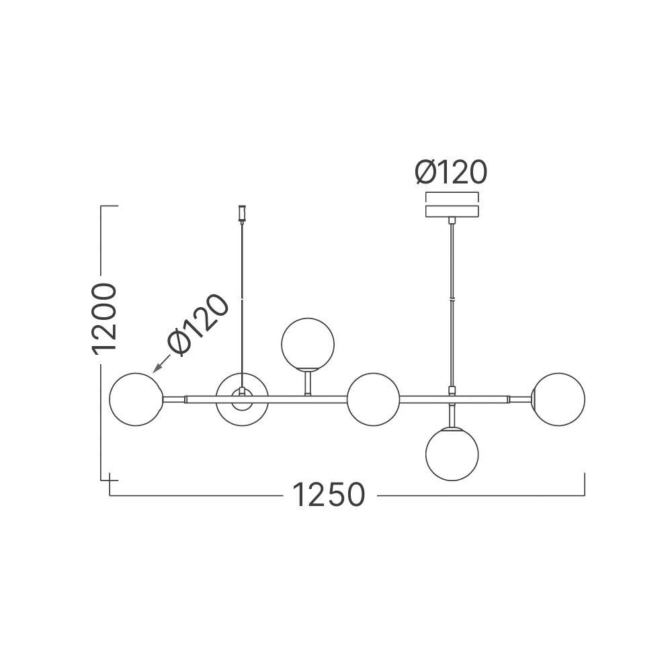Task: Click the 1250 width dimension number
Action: coord(329,496)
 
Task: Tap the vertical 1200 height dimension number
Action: coord(106,318)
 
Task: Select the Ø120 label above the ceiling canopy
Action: coord(450,173)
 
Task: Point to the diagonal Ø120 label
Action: coord(198,325)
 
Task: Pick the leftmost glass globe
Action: coord(136,398)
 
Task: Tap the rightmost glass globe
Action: coord(558,398)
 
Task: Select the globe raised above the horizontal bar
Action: coord(307,343)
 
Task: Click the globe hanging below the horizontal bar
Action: coord(452,454)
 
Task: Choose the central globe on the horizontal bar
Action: coord(374,398)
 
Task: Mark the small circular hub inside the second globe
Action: coord(241,395)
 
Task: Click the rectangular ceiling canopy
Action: coord(452,211)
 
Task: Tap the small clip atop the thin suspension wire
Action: coord(241,213)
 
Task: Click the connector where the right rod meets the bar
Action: coord(452,391)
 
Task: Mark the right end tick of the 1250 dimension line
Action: coord(584,484)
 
